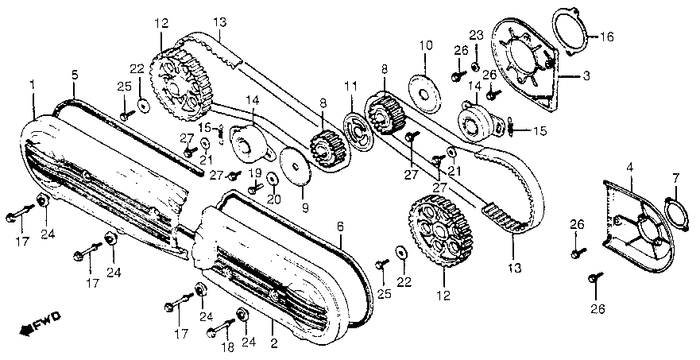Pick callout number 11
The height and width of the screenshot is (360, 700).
pos(350,86)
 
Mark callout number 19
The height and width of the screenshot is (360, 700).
pos(255,172)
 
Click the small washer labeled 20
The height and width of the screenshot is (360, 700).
pos(272,178)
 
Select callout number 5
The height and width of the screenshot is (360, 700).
pos(74,75)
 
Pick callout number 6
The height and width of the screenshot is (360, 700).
pos(341,226)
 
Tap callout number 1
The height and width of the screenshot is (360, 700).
pos(33,83)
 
